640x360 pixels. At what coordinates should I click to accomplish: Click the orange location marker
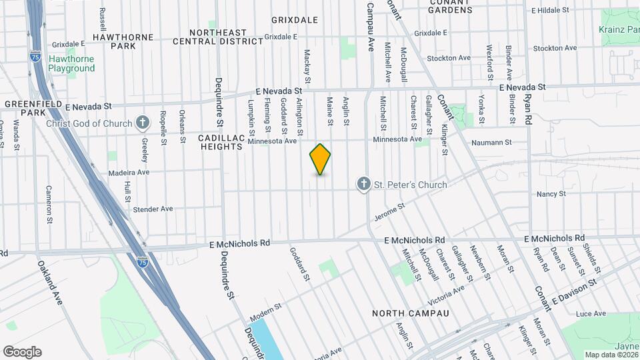tap(320, 159)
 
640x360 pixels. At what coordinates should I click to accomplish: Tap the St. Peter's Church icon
tap(363, 184)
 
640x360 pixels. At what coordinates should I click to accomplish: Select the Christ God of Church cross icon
tap(142, 123)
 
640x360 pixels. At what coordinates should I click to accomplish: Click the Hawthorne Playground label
tap(71, 63)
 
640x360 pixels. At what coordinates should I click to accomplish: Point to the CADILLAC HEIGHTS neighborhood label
tap(221, 141)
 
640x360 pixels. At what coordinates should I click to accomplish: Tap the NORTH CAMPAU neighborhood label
tap(410, 313)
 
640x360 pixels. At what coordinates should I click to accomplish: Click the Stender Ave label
tap(153, 209)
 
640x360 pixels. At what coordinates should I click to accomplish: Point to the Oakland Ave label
tap(50, 283)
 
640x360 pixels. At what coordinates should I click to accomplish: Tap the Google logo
tap(22, 352)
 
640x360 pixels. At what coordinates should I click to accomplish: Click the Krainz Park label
tap(619, 30)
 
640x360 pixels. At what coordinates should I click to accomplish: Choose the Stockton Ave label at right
tap(555, 48)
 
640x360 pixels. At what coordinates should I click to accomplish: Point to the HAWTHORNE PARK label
tap(123, 41)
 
